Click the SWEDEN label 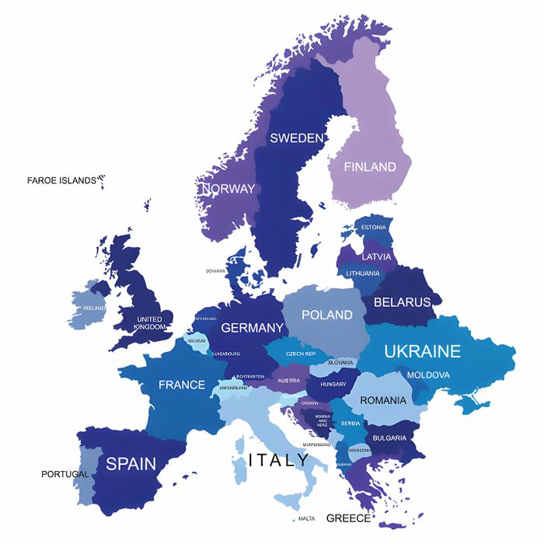tap(296, 138)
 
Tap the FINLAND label tap(370, 166)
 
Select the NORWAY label tap(228, 189)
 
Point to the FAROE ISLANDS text tap(61, 180)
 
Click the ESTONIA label tap(373, 227)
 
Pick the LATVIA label tap(376, 256)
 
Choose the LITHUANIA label tap(363, 274)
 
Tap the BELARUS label tap(402, 302)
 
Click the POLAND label tap(326, 315)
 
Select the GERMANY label tap(252, 328)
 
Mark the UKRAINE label tap(422, 351)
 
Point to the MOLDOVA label tap(428, 375)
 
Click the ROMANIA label tap(383, 400)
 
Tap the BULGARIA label tap(389, 438)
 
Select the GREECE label tap(348, 518)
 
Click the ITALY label tap(278, 460)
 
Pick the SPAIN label tap(131, 464)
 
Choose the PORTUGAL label tap(65, 474)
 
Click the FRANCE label tap(182, 385)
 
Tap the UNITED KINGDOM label tap(149, 323)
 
